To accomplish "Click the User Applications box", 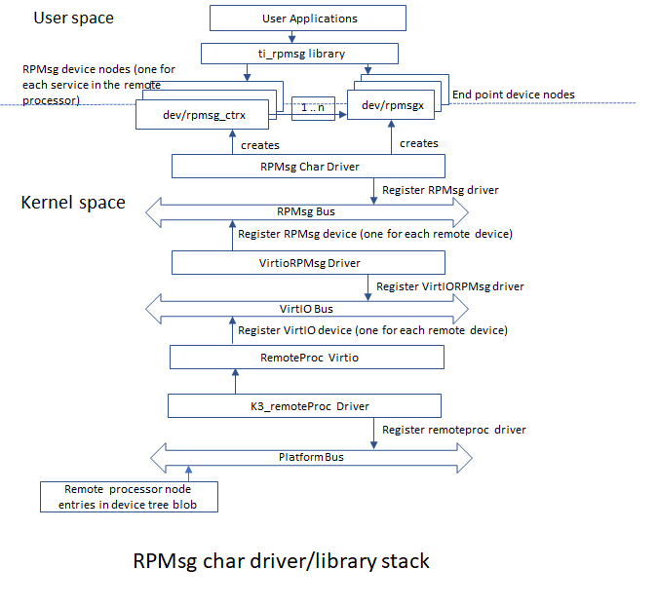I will (x=309, y=19).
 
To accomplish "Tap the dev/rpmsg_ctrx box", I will (x=204, y=115).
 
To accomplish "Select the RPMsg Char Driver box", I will (x=309, y=166).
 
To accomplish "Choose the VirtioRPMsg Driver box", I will (x=308, y=262).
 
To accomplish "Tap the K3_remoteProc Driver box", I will (x=305, y=405).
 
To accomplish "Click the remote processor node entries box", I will (x=129, y=496).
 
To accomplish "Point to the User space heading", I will (x=74, y=19).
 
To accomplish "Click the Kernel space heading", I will (x=73, y=203).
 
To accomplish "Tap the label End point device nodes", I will (x=514, y=95).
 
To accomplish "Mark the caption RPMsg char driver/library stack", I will (x=281, y=562).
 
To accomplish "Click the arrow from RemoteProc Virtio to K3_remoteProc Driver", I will (x=234, y=381).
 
